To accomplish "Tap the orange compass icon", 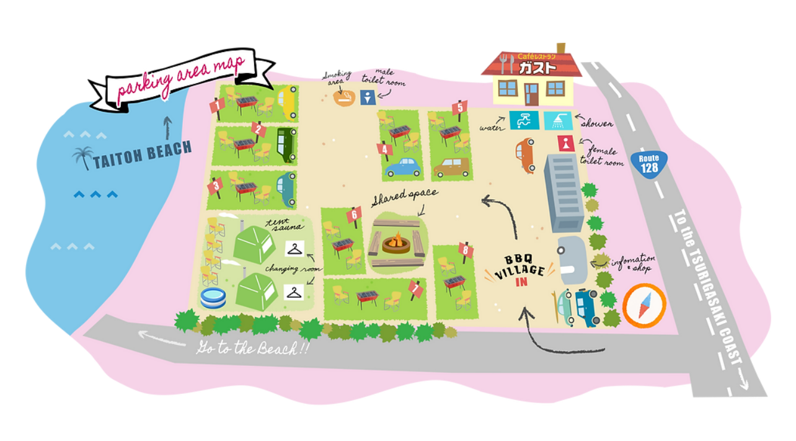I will tap(644, 305).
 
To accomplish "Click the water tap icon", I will tap(524, 120).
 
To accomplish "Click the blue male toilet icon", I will tap(368, 97).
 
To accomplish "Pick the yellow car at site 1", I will tap(286, 102).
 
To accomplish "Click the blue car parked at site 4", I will tap(402, 167).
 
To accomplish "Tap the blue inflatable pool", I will tap(214, 298).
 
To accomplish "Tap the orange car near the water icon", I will tap(525, 155).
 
